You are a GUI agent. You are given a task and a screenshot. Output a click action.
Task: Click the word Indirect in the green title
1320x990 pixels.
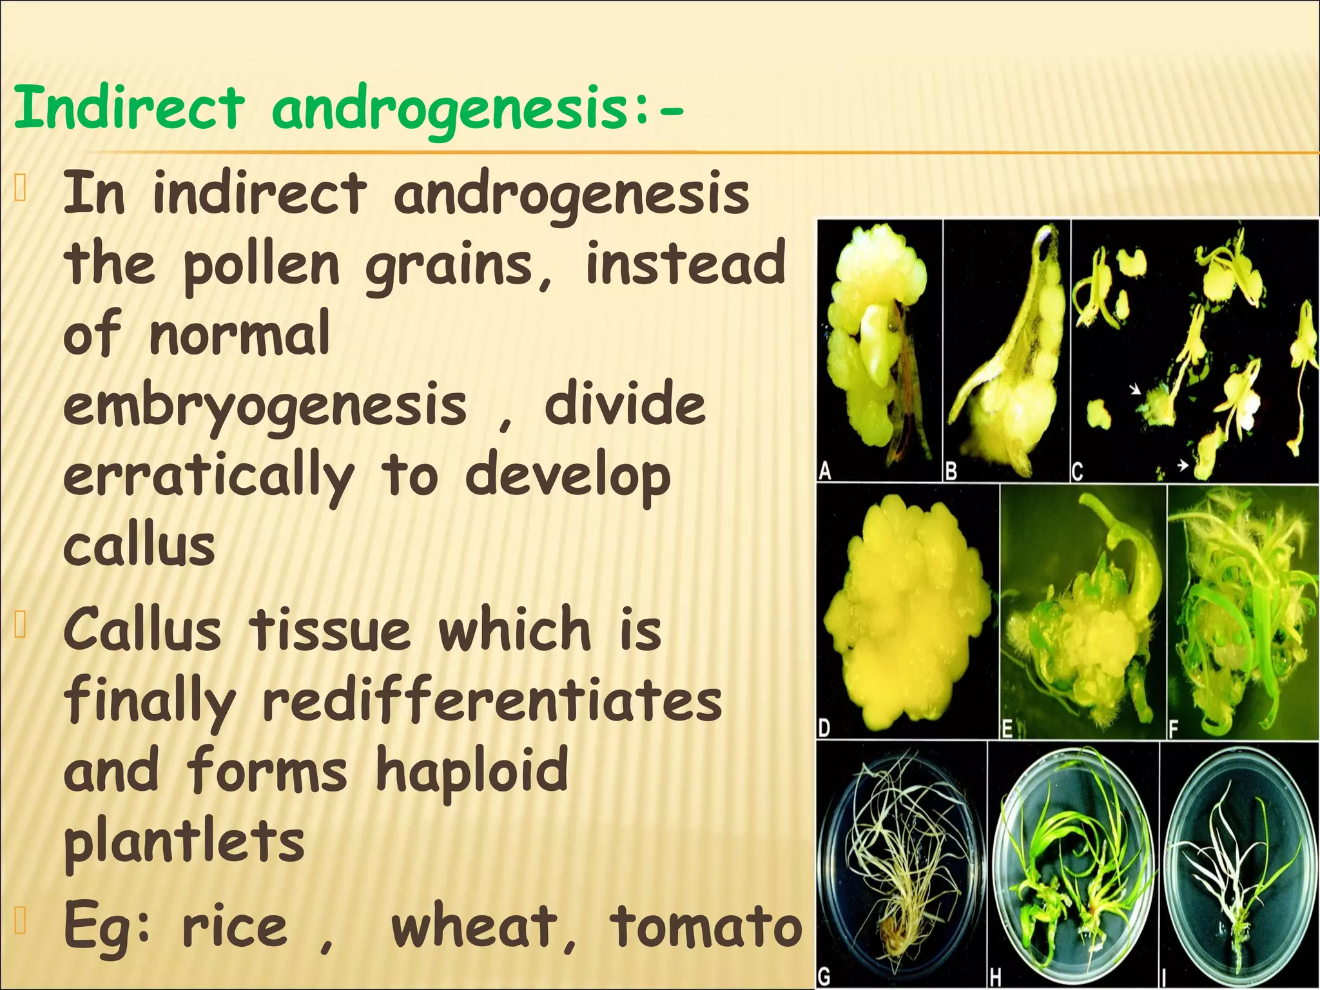click(129, 108)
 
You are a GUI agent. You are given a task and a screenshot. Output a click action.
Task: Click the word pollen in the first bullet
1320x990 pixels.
click(261, 264)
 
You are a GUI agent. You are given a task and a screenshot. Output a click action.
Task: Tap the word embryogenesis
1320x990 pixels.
click(264, 407)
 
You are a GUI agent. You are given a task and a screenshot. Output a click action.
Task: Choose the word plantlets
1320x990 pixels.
click(184, 841)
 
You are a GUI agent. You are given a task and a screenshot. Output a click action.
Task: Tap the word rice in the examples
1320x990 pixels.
click(235, 927)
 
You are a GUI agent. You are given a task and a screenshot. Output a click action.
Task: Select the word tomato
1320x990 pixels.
click(706, 927)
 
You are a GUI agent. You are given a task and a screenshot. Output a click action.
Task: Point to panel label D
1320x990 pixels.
click(824, 728)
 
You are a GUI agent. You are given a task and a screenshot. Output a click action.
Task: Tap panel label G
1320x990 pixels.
click(824, 977)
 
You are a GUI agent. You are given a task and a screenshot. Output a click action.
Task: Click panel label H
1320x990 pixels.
click(995, 978)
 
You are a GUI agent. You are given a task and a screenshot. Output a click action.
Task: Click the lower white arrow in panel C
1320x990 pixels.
click(1183, 464)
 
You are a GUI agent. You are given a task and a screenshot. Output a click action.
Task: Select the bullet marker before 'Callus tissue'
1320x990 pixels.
click(20, 625)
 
